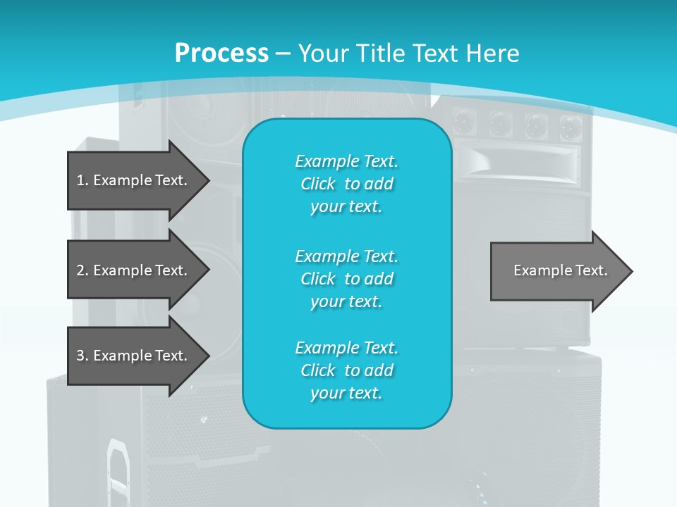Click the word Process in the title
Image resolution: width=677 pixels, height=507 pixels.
pyautogui.click(x=221, y=54)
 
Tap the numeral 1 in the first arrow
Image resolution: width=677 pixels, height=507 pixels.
pyautogui.click(x=80, y=180)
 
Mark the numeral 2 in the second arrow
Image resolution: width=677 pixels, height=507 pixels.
pyautogui.click(x=80, y=270)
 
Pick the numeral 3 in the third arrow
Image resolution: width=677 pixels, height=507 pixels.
pyautogui.click(x=80, y=356)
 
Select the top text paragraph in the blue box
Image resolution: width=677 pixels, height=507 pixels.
pyautogui.click(x=346, y=184)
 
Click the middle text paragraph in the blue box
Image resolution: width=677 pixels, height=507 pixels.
pyautogui.click(x=346, y=279)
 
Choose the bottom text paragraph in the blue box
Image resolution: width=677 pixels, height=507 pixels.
pyautogui.click(x=346, y=370)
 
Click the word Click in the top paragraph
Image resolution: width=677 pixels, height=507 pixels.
pyautogui.click(x=318, y=184)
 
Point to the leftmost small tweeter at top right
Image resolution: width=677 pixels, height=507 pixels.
pyautogui.click(x=464, y=120)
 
